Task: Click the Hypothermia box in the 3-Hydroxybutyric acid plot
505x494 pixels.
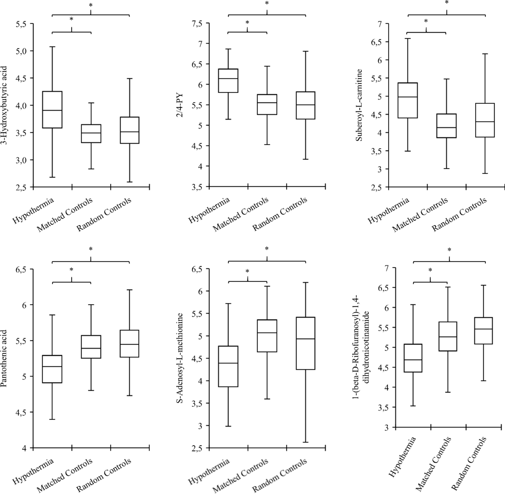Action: pos(52,110)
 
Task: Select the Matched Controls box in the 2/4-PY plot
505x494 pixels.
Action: pos(267,104)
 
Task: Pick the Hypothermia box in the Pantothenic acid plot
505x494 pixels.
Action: pos(52,369)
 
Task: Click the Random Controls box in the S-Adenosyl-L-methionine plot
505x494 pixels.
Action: pos(305,343)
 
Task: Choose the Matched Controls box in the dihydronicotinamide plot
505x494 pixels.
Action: pos(447,336)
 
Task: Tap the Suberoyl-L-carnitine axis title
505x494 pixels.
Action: pos(359,105)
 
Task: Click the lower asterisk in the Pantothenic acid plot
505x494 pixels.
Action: pos(72,269)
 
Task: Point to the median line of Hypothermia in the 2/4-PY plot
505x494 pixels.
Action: pos(228,78)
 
